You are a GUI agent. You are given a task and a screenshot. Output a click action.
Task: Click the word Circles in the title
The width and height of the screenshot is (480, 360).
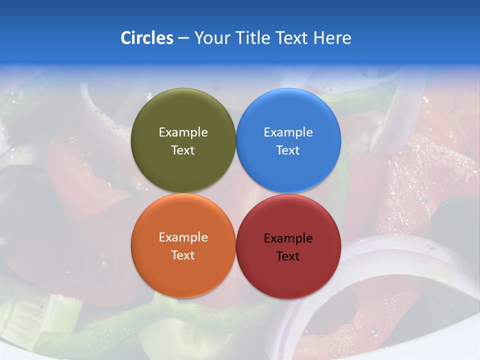pyautogui.click(x=146, y=38)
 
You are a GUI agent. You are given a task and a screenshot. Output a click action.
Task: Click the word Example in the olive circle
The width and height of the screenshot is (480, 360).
pyautogui.click(x=183, y=132)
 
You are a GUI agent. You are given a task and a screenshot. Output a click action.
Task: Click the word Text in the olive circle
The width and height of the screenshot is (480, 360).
pyautogui.click(x=183, y=150)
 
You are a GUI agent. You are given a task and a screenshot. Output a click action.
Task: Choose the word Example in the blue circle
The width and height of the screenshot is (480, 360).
pyautogui.click(x=288, y=132)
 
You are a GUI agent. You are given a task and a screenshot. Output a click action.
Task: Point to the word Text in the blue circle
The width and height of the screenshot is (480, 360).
pyautogui.click(x=288, y=150)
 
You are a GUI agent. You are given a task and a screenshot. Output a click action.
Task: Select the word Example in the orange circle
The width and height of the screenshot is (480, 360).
pyautogui.click(x=183, y=237)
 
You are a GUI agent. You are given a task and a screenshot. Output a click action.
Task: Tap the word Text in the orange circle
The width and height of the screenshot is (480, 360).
pyautogui.click(x=183, y=255)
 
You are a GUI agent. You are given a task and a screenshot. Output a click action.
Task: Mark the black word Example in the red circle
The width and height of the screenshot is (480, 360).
pyautogui.click(x=288, y=238)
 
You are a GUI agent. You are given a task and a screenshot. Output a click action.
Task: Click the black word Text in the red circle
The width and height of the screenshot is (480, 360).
pyautogui.click(x=288, y=256)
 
